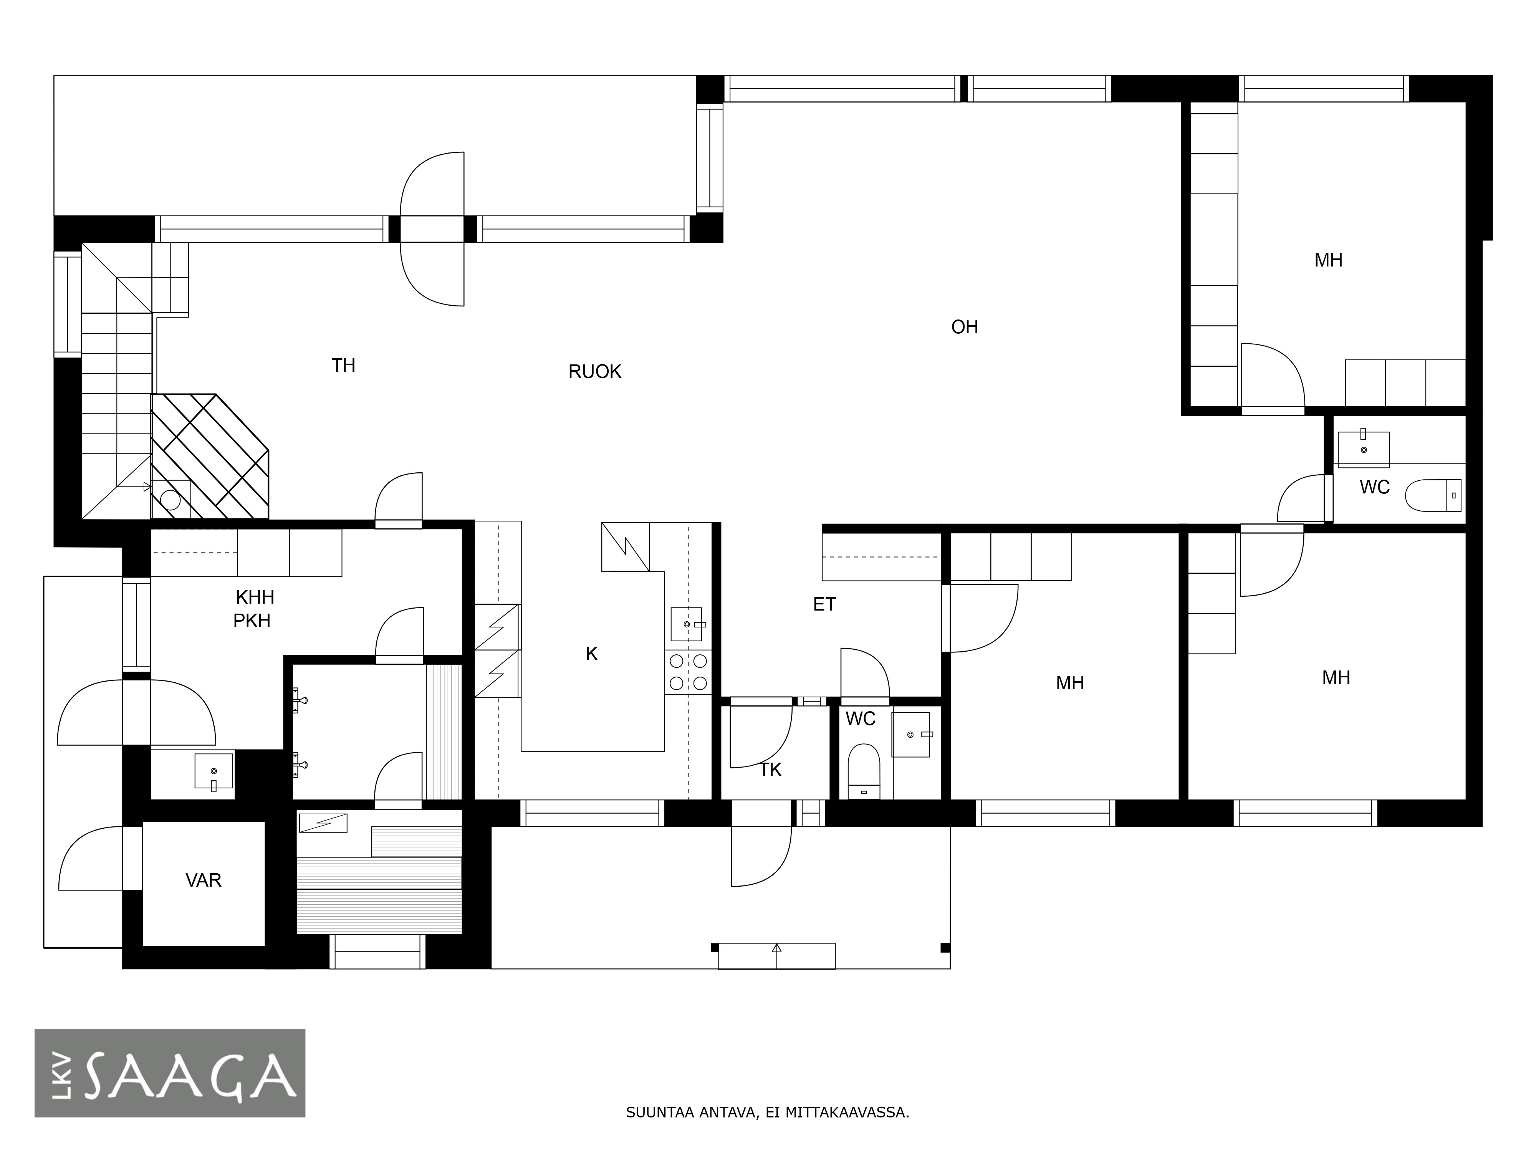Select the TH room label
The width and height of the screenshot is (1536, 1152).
point(343,365)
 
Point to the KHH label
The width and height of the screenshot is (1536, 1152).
point(255,597)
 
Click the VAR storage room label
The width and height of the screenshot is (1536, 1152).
point(204,881)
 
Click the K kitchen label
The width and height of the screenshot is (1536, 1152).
point(592,654)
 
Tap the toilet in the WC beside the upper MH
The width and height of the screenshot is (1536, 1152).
point(1433,495)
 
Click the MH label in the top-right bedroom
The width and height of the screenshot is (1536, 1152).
point(1328,260)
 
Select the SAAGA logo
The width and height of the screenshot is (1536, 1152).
point(170,1073)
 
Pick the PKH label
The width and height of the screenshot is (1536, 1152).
point(252,621)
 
